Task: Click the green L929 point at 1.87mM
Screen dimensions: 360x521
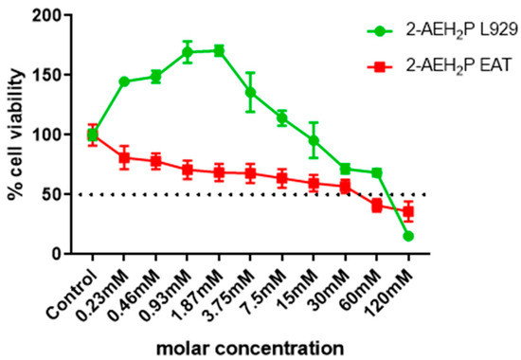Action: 219,50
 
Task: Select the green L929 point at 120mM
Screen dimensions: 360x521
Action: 408,236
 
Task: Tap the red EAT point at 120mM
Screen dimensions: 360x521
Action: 408,211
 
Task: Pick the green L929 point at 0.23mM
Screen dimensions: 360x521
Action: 124,81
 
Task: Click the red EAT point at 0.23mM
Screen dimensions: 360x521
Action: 124,157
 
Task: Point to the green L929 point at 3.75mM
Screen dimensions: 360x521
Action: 250,92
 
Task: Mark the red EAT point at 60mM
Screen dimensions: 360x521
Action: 377,205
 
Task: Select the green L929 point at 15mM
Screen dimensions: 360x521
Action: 314,140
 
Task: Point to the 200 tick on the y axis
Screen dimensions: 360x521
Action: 59,16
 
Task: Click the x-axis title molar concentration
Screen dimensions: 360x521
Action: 250,345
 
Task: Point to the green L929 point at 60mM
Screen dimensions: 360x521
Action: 377,172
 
